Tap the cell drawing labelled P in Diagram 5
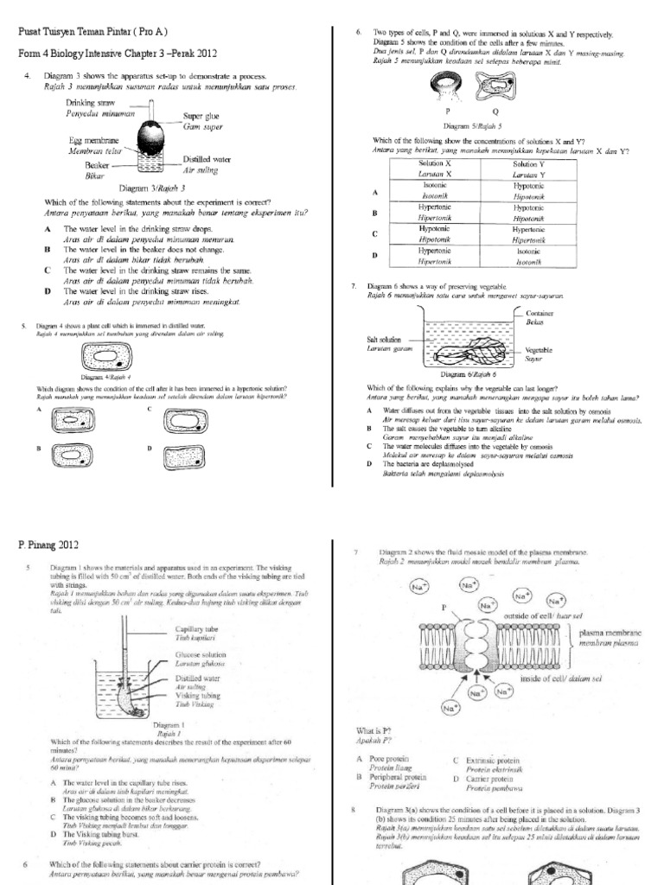[x=447, y=84]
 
